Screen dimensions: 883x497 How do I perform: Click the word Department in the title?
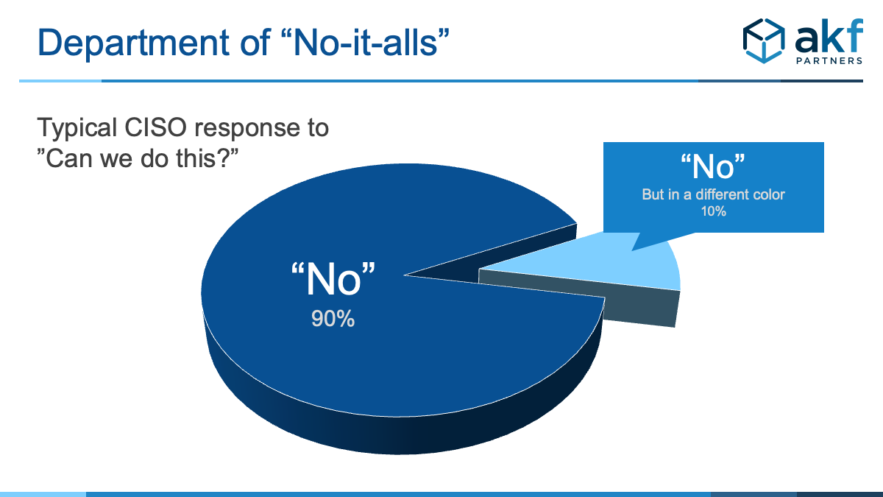pyautogui.click(x=134, y=43)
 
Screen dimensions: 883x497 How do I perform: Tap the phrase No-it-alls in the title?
pyautogui.click(x=366, y=42)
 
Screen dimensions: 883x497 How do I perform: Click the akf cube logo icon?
pyautogui.click(x=764, y=41)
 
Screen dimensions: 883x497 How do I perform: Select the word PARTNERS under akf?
pyautogui.click(x=829, y=60)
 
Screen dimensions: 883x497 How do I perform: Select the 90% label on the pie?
pyautogui.click(x=333, y=318)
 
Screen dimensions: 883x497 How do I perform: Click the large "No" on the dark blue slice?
pyautogui.click(x=333, y=279)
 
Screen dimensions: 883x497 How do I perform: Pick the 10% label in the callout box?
pyautogui.click(x=714, y=211)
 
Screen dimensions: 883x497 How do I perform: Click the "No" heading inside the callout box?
pyautogui.click(x=713, y=166)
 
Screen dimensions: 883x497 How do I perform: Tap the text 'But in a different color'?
pyautogui.click(x=713, y=194)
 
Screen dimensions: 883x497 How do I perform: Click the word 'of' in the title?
pyautogui.click(x=255, y=42)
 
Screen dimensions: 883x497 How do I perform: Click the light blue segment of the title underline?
pyautogui.click(x=60, y=81)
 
